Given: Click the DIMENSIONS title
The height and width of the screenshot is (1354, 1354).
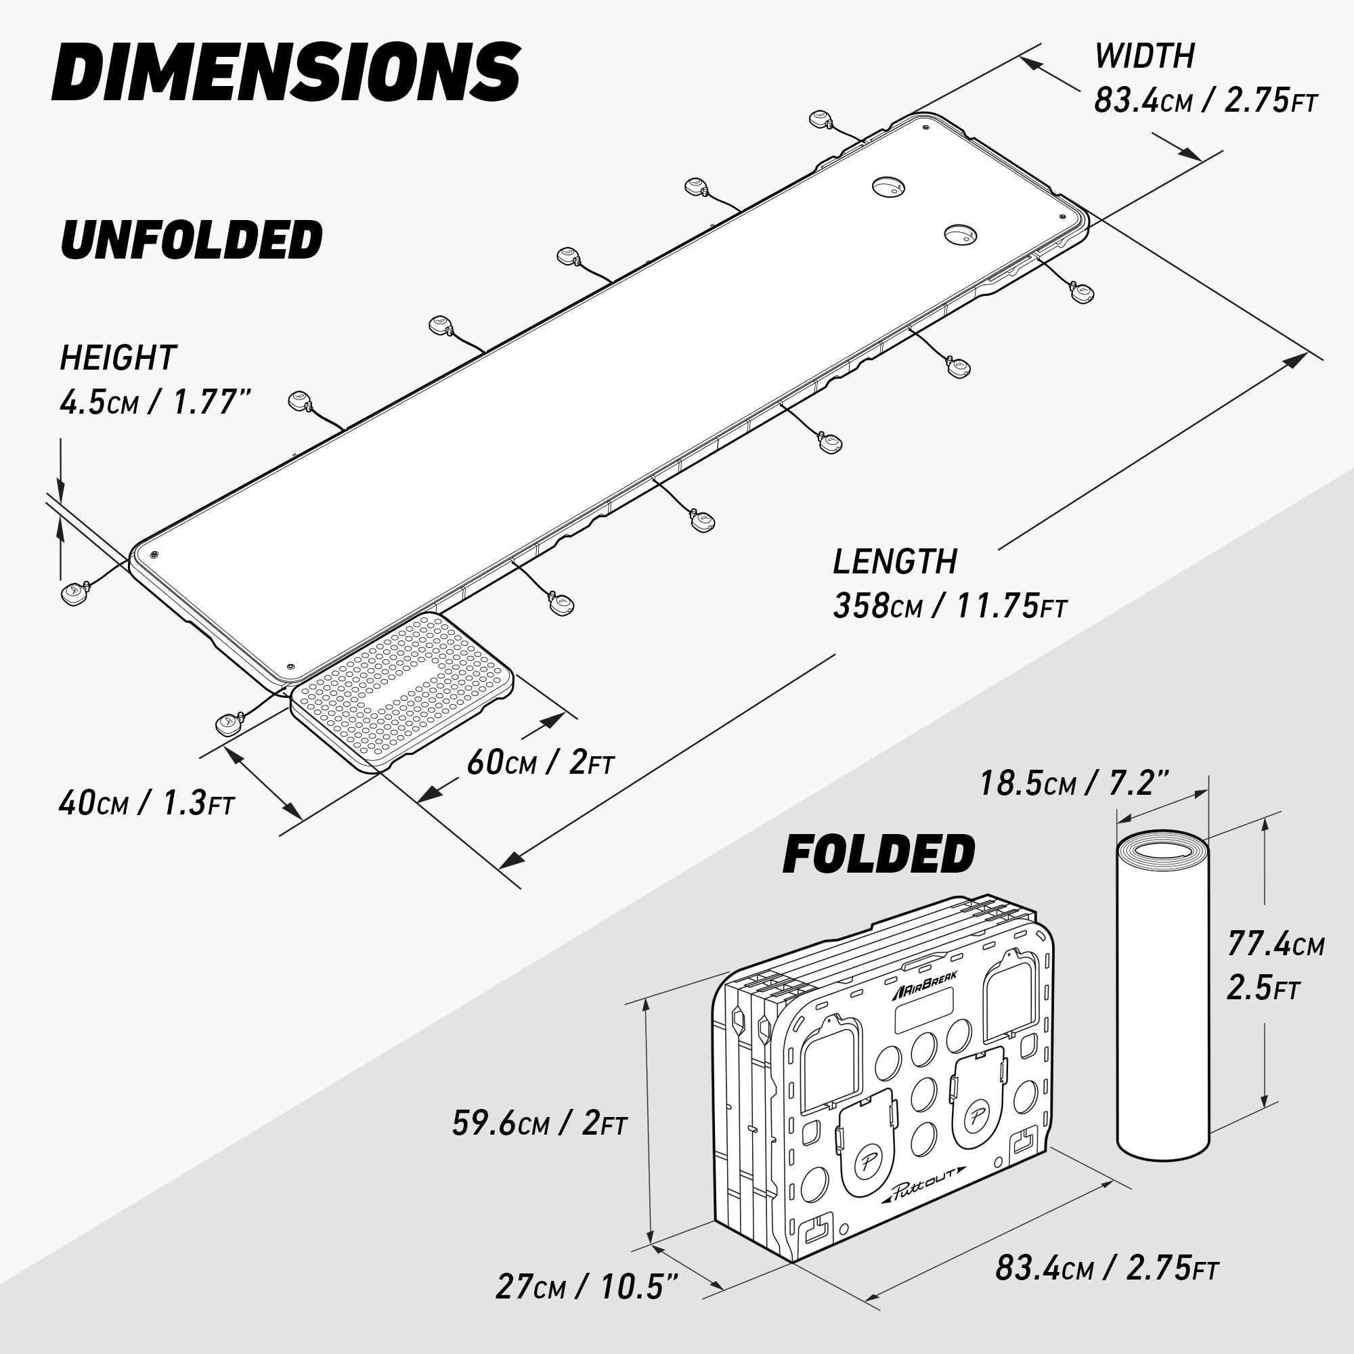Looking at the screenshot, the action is (286, 72).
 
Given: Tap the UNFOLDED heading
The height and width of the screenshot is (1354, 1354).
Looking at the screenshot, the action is (192, 239).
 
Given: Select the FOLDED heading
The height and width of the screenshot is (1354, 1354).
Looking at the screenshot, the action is (879, 854).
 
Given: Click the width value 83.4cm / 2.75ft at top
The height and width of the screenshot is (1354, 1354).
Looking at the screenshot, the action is (1206, 101).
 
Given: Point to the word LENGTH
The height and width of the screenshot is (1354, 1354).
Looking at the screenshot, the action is (894, 561).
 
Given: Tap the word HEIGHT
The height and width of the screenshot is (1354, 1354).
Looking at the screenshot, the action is (118, 357).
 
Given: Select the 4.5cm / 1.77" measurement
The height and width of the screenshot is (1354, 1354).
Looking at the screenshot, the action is (155, 402).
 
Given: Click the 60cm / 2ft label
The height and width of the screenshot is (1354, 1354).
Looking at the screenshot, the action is (540, 762).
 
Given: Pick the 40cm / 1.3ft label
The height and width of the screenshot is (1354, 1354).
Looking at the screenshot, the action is (146, 802).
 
